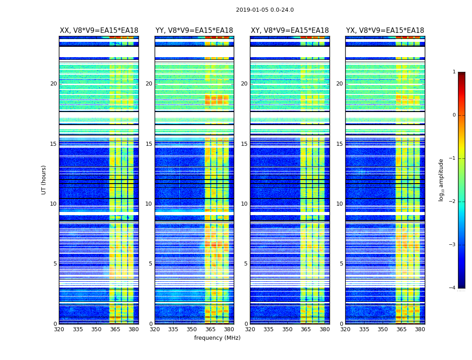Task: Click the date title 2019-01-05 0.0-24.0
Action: (265, 10)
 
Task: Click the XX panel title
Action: (99, 31)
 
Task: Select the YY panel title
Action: (194, 31)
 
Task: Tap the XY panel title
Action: (290, 31)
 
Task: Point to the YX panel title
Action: (385, 31)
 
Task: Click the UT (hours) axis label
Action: (44, 180)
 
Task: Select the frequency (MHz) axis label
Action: (217, 338)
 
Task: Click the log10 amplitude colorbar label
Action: (441, 180)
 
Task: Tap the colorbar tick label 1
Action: (454, 72)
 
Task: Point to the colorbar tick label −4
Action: (453, 288)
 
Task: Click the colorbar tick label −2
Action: (453, 202)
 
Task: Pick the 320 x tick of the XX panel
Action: (59, 329)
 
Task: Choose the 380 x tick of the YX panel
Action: (420, 329)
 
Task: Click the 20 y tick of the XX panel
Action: (53, 84)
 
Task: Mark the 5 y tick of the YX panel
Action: (341, 264)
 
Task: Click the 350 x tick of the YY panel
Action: (192, 329)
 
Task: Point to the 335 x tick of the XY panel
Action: (268, 329)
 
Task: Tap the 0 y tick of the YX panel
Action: (341, 324)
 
